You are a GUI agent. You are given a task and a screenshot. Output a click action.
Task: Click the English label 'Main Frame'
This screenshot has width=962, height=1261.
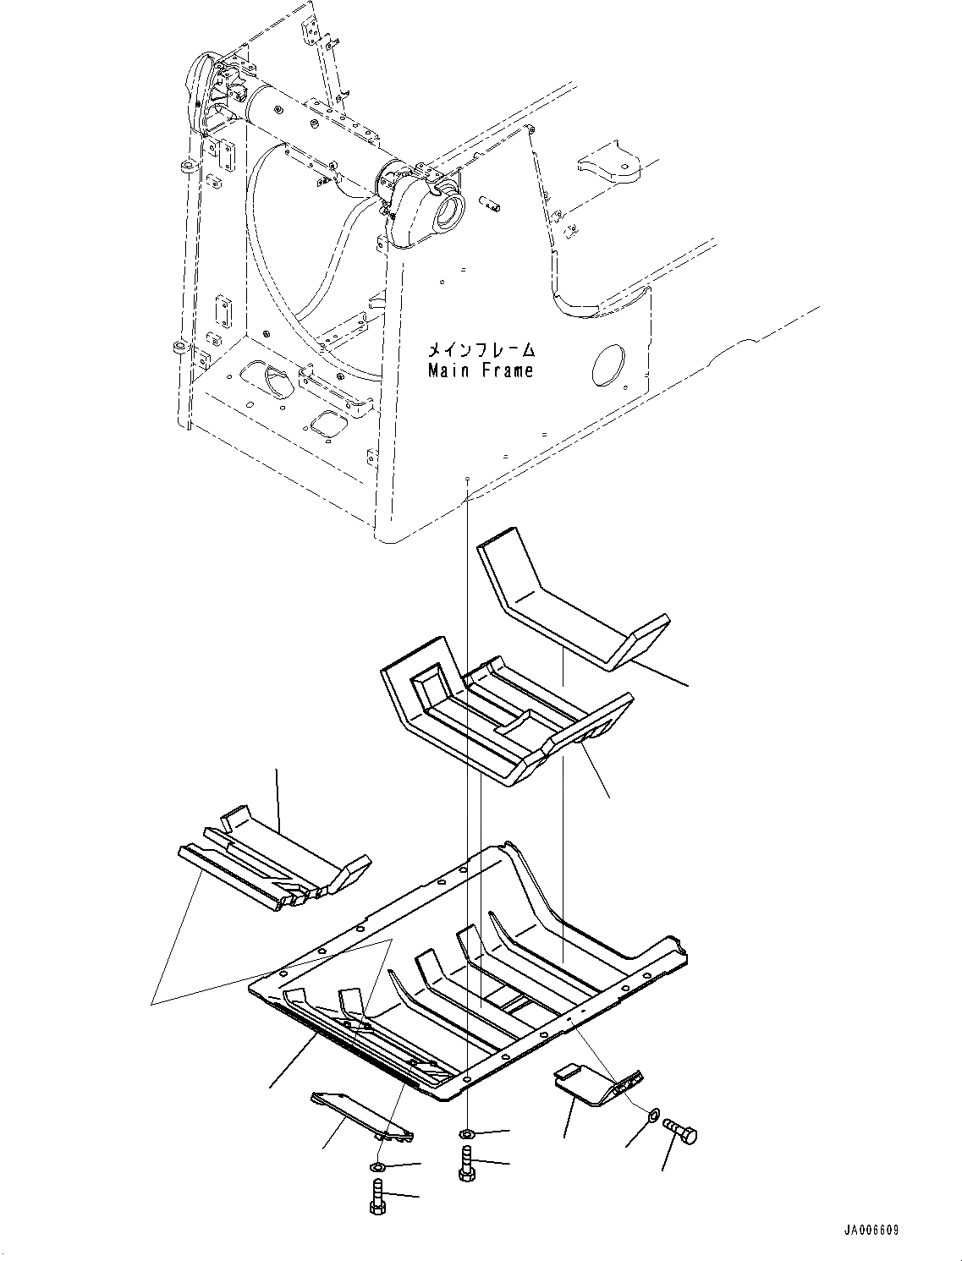click(x=481, y=370)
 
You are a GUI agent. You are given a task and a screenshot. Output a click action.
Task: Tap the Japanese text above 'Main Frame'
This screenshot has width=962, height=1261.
click(x=481, y=348)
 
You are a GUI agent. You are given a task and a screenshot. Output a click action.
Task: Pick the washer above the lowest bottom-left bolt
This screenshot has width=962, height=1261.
click(x=377, y=1168)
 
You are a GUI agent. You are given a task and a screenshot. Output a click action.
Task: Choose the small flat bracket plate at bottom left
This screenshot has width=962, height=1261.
click(x=360, y=1115)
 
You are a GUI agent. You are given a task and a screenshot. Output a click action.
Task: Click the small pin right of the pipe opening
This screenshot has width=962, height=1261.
click(x=490, y=203)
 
